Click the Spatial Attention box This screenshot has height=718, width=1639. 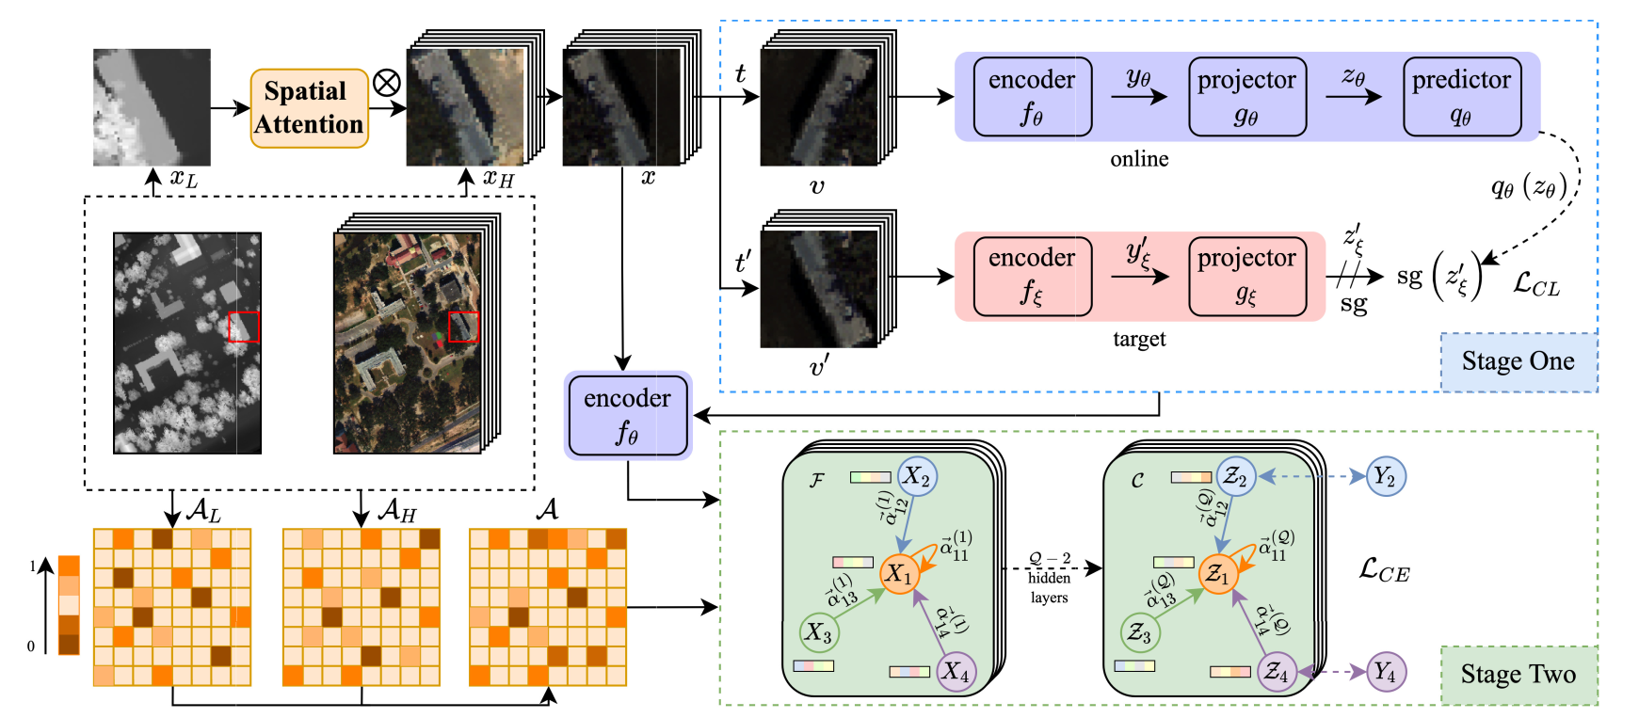[309, 108]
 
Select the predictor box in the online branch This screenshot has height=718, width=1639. [1461, 97]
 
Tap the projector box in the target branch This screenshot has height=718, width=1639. [1246, 277]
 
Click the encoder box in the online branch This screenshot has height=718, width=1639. [1032, 97]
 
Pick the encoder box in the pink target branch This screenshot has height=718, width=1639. [1032, 277]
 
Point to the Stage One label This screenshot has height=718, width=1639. [1518, 361]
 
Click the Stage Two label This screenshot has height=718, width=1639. [1518, 675]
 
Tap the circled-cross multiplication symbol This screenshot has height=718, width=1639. [386, 83]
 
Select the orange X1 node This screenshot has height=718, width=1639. [899, 573]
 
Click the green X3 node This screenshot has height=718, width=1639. [818, 633]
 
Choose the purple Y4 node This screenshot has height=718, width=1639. [1385, 672]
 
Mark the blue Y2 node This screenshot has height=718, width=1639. [1385, 476]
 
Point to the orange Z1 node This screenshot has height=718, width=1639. [1217, 573]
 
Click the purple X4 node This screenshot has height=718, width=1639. [956, 671]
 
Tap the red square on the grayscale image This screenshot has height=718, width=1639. [243, 327]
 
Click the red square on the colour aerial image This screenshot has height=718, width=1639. [463, 327]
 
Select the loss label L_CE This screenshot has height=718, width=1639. [1384, 569]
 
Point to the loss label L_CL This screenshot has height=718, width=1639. [1535, 284]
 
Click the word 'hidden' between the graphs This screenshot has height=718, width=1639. [1049, 578]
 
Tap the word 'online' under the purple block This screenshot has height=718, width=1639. [1139, 159]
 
